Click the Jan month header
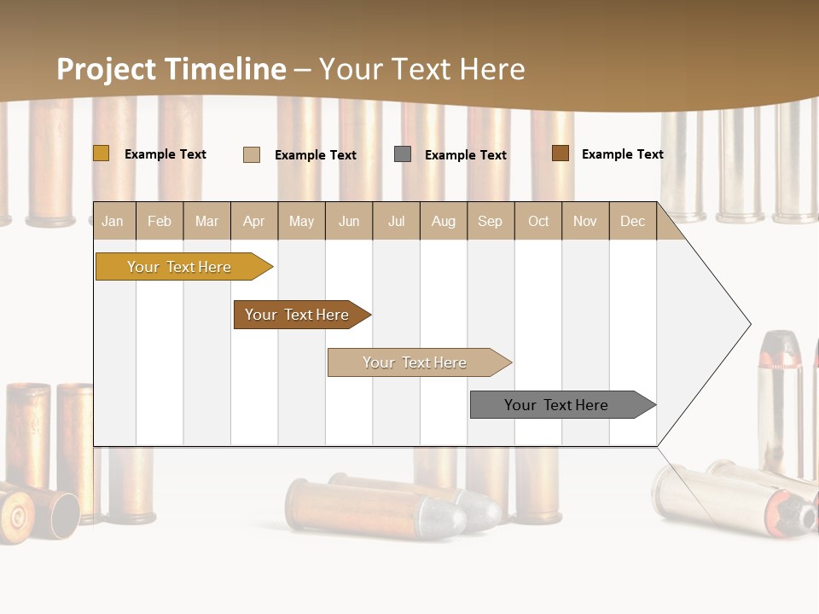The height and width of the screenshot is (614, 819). coord(113,221)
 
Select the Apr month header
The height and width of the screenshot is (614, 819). coord(254,221)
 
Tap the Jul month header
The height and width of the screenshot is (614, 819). coord(396,221)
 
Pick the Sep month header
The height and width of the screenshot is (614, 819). coord(490,221)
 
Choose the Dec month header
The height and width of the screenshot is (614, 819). coord(632,221)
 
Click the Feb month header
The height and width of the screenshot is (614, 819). coord(160,221)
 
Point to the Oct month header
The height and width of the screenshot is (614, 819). coord(538,221)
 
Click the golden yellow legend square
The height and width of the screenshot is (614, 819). coord(101,153)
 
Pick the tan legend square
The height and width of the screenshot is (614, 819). coord(252,154)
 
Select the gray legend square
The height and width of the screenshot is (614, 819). coord(403,154)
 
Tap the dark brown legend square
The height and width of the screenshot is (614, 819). coord(561,153)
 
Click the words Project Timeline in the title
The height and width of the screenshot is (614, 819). coord(171,69)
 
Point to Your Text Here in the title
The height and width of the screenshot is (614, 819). coord(421,69)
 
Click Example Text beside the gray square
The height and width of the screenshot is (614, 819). coord(465,155)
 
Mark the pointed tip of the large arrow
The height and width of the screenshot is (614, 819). coord(749,324)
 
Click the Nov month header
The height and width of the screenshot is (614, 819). coord(585,221)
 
